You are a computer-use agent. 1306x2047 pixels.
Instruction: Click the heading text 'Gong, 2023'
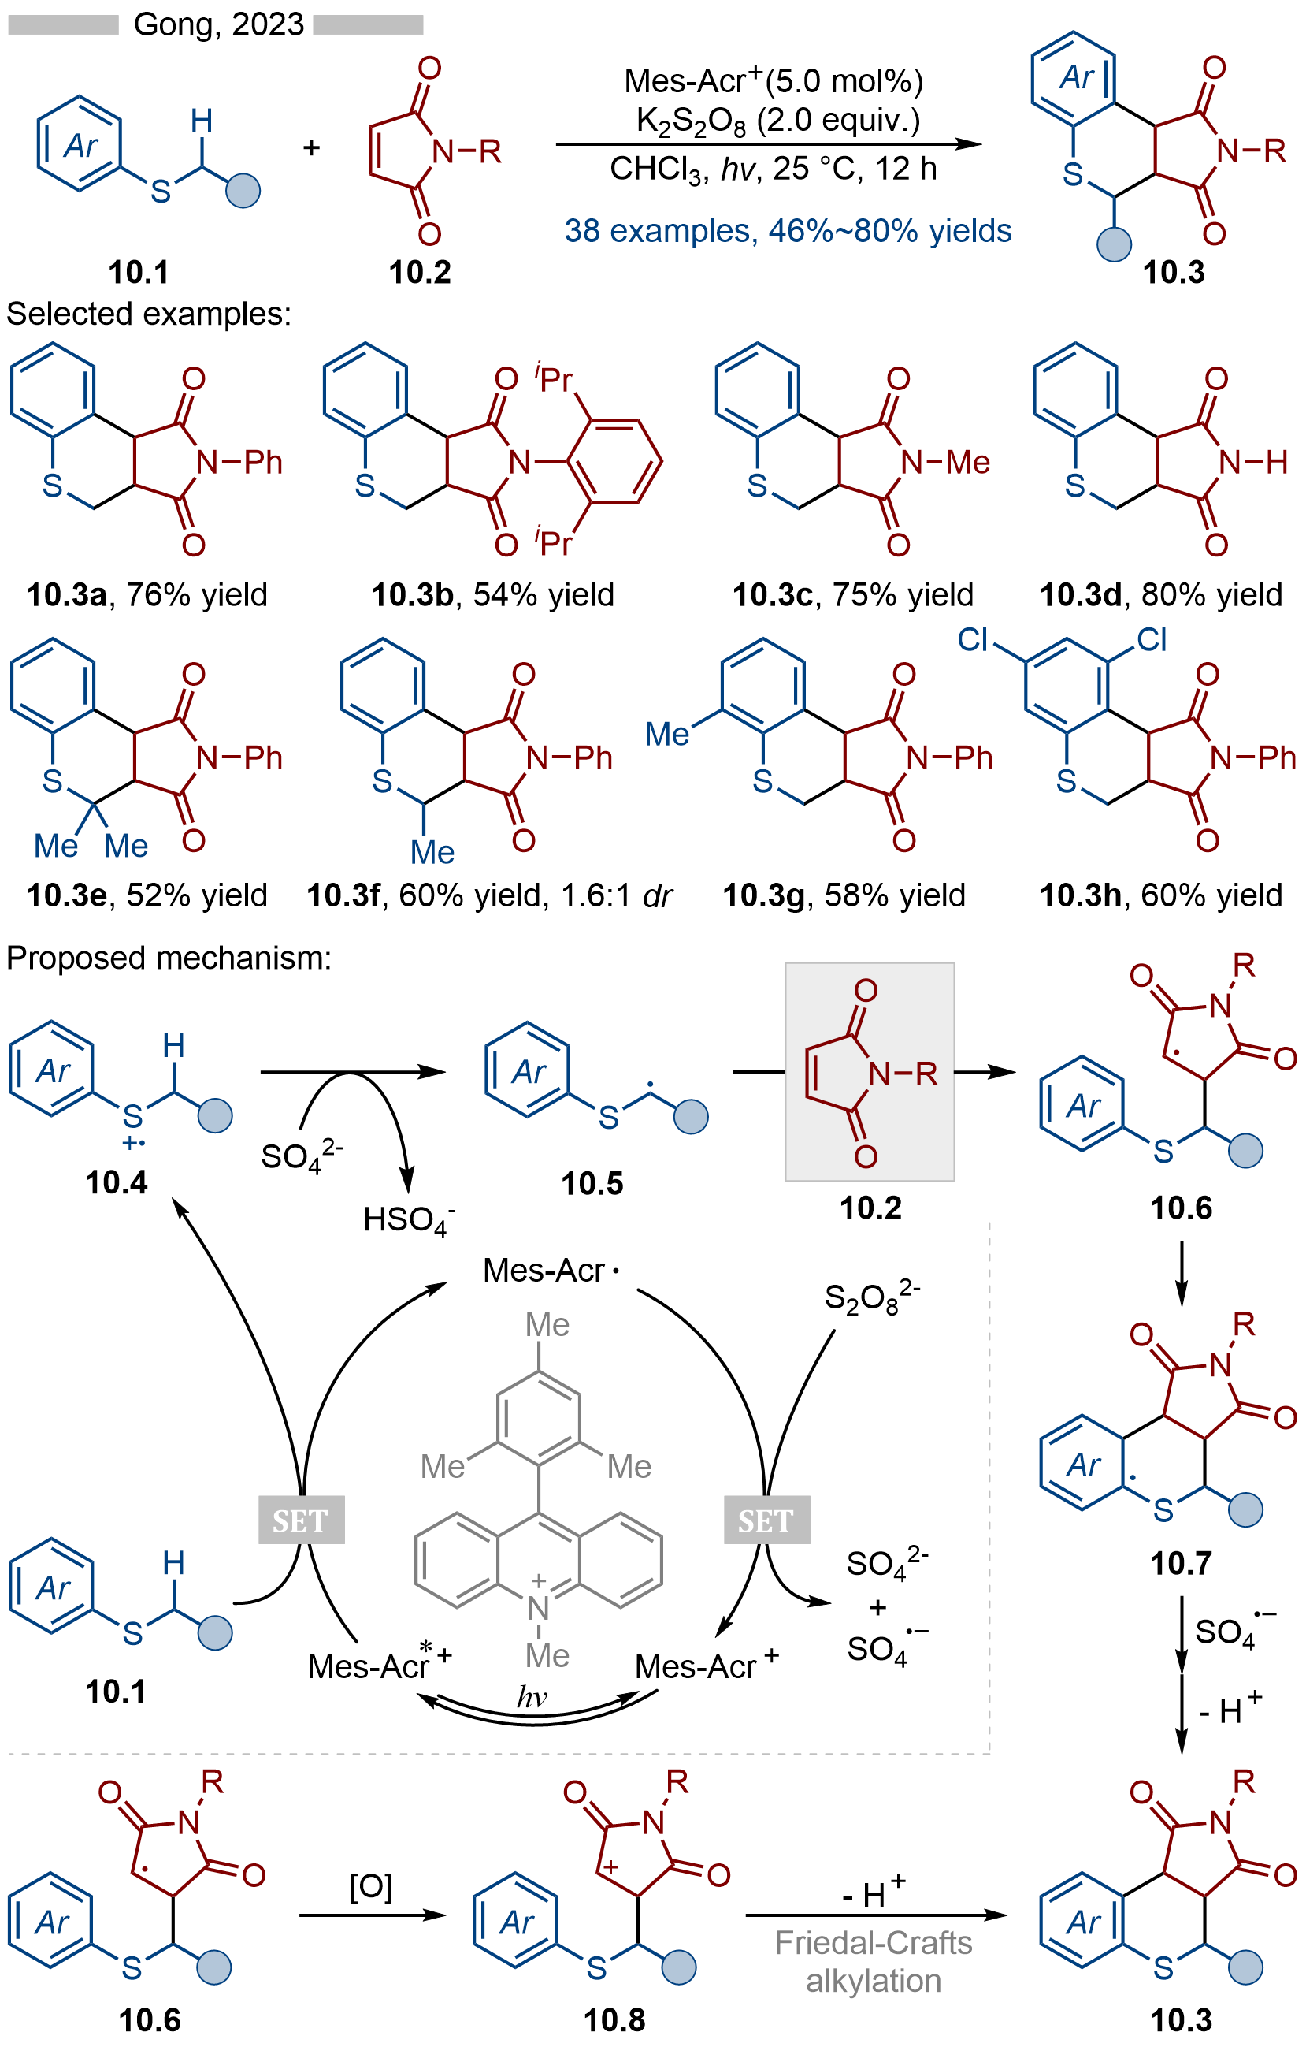[x=218, y=24]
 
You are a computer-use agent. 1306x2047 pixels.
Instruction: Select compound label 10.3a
[x=66, y=594]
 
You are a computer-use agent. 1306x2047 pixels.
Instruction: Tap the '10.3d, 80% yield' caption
[x=1161, y=594]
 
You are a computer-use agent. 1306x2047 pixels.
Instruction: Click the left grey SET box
[x=302, y=1520]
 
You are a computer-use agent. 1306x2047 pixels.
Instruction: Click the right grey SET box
[x=766, y=1520]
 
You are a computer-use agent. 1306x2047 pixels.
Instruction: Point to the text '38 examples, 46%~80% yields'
[x=788, y=230]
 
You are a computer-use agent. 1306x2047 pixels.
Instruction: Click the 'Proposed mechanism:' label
[x=169, y=958]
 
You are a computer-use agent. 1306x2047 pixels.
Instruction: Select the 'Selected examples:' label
[x=149, y=314]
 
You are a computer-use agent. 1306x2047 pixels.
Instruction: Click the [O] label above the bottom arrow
[x=370, y=1887]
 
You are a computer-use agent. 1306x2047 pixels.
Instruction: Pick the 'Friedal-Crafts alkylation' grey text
[x=874, y=1962]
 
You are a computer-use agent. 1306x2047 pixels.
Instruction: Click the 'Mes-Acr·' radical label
[x=551, y=1271]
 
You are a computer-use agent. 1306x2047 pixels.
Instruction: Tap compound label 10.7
[x=1180, y=1562]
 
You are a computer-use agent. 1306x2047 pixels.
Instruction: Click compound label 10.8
[x=614, y=2019]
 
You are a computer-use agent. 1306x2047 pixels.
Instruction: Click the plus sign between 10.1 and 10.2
[x=312, y=148]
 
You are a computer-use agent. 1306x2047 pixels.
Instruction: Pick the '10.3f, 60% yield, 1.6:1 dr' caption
[x=489, y=895]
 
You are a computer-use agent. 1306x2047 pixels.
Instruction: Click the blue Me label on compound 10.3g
[x=666, y=734]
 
